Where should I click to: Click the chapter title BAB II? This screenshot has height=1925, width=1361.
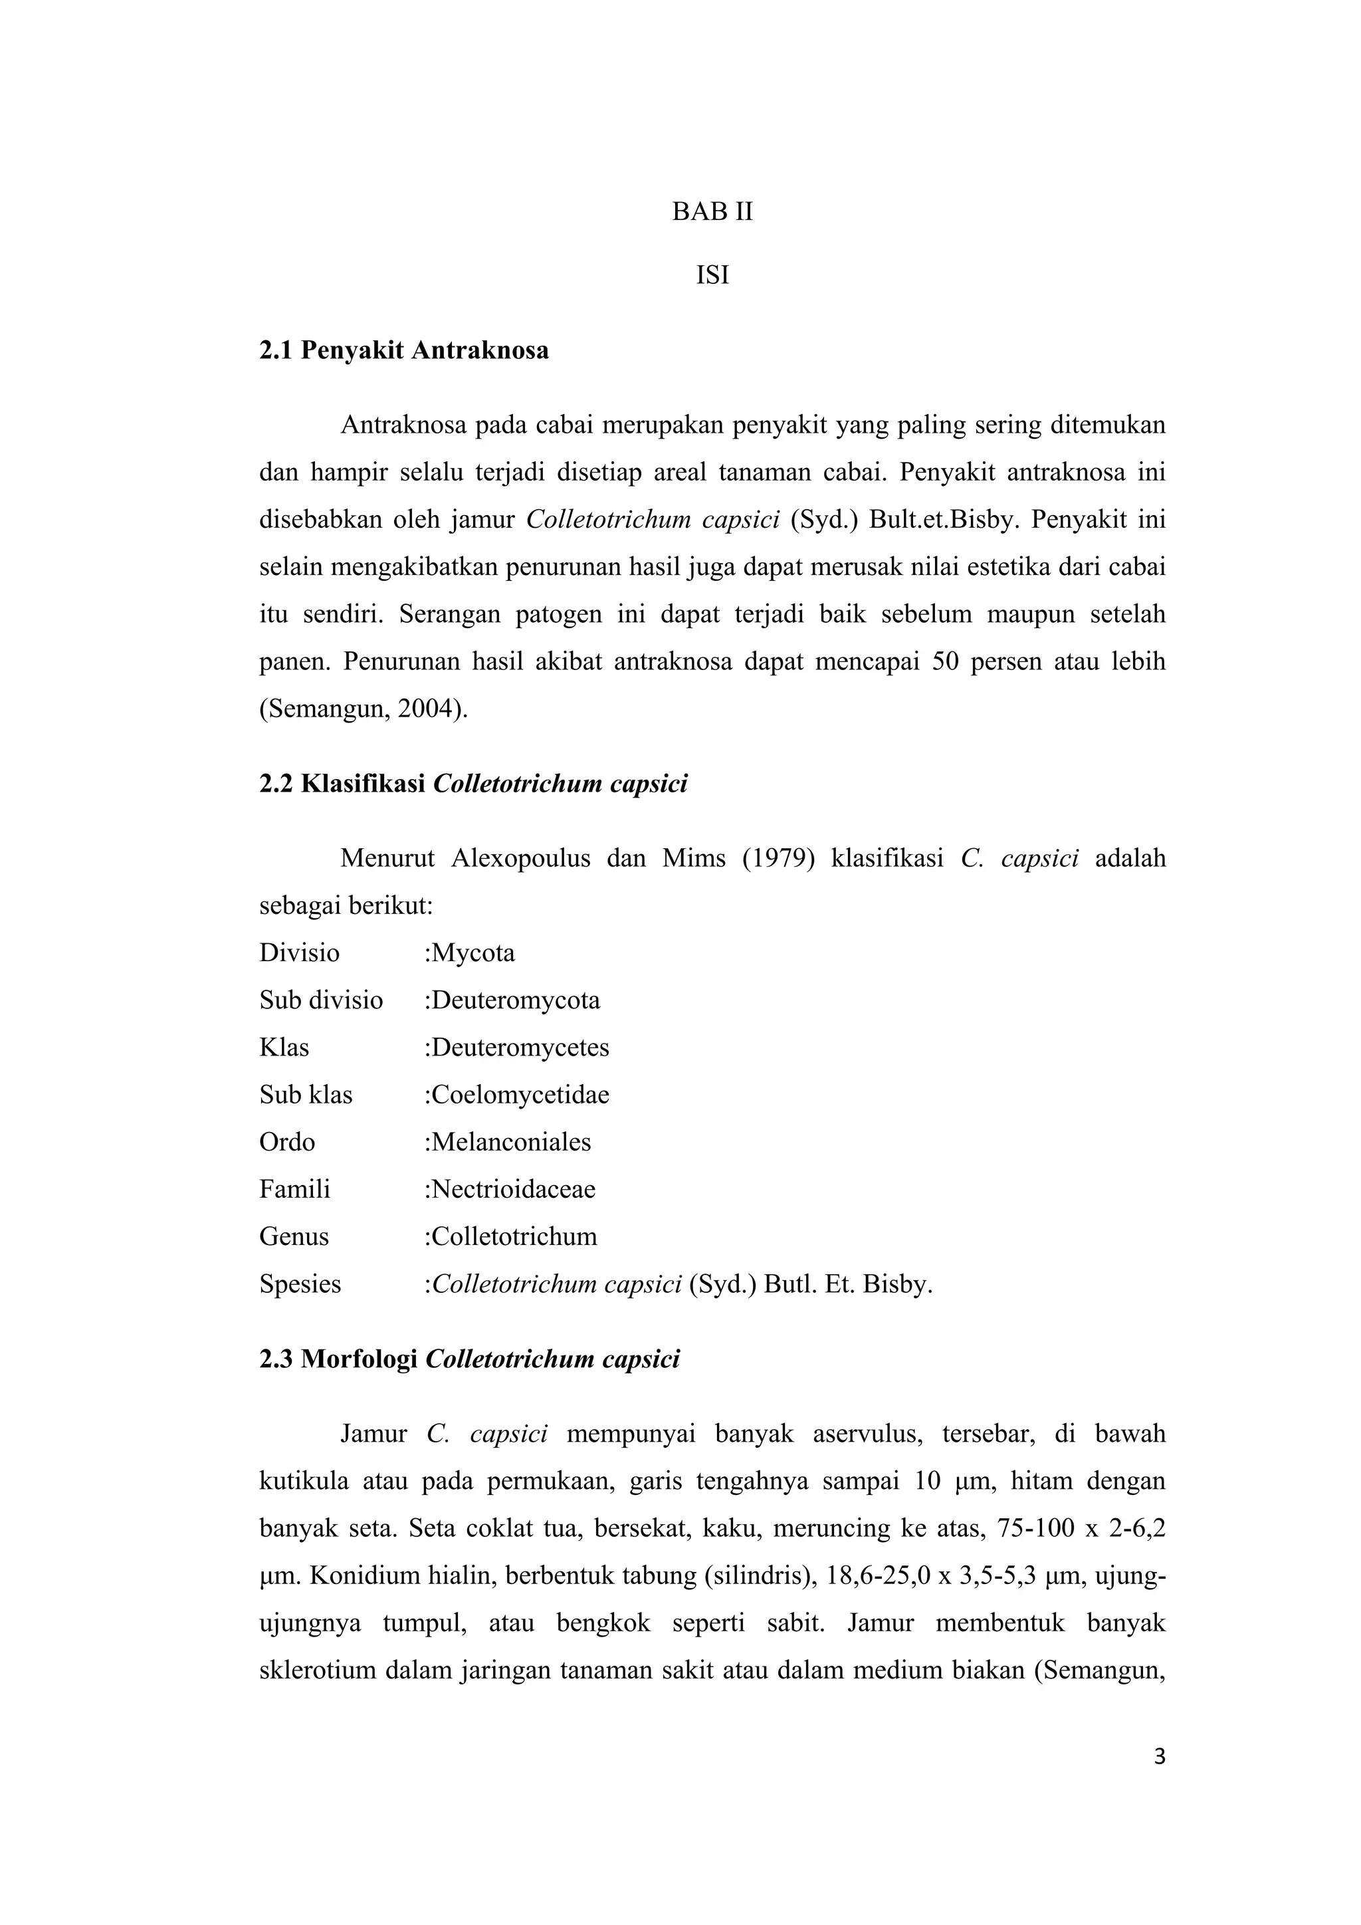coord(712,212)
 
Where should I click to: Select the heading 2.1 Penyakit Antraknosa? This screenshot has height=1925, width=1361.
coord(404,350)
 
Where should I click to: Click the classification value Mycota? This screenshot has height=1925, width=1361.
coord(472,953)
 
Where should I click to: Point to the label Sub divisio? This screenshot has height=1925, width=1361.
coord(321,1000)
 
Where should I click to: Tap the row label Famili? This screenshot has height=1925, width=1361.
coord(294,1189)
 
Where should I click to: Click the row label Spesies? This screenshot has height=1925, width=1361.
coord(300,1284)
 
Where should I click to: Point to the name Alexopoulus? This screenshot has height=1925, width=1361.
coord(521,859)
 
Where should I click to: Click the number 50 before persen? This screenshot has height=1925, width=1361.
coord(946,661)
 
